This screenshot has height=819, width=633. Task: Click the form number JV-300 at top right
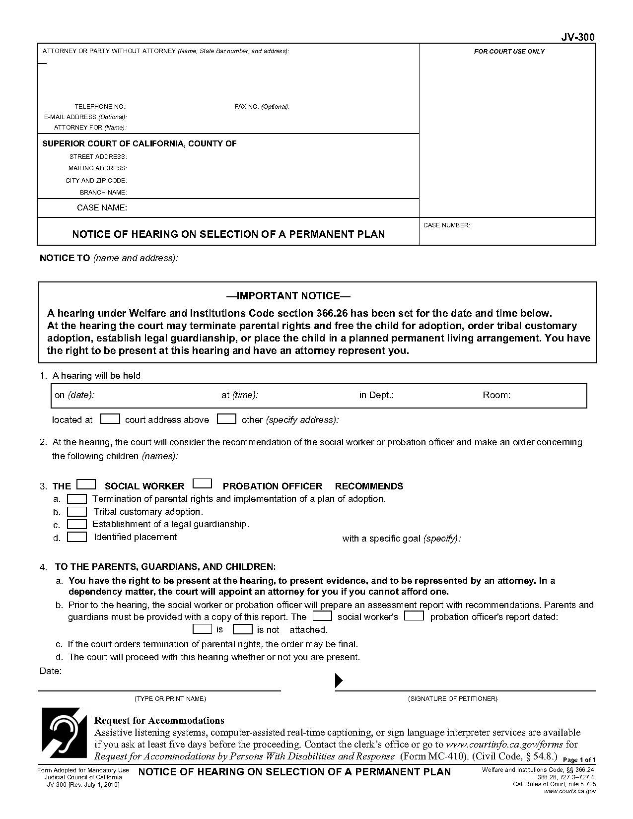click(578, 37)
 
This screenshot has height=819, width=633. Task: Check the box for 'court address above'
click(110, 419)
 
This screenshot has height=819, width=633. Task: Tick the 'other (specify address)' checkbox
click(226, 419)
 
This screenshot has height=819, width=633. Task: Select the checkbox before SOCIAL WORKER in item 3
click(86, 484)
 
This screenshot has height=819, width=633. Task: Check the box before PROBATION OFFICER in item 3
click(202, 483)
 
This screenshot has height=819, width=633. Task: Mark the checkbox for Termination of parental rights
click(77, 498)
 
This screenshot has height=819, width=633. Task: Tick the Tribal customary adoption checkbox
click(77, 511)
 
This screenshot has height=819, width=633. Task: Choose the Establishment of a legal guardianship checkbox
click(77, 524)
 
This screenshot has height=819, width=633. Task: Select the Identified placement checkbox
click(77, 537)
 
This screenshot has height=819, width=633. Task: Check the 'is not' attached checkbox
click(243, 629)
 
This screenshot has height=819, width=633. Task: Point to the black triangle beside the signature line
click(339, 680)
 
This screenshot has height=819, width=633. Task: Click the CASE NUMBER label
click(446, 225)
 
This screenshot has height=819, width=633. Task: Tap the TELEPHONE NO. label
click(100, 107)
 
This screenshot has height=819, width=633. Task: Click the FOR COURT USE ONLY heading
click(509, 52)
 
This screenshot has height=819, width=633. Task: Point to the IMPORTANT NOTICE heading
click(288, 296)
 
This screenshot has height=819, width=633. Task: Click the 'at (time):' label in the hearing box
click(240, 395)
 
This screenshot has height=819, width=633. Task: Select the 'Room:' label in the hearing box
click(496, 395)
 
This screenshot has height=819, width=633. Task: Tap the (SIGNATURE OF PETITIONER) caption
click(452, 699)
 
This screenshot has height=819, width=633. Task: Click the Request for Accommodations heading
click(159, 720)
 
